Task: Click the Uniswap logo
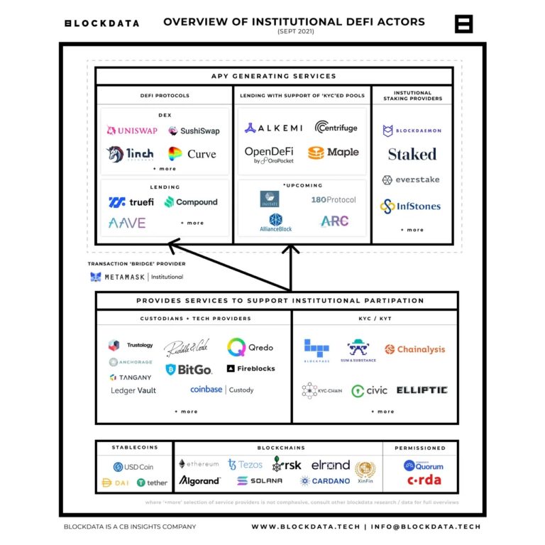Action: point(132,131)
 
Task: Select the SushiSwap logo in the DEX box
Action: point(194,131)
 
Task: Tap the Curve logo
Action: point(192,154)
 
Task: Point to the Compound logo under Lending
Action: point(191,202)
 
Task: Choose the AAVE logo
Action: point(127,223)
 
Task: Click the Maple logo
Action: point(334,152)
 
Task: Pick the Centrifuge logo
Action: point(336,128)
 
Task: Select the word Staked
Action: point(412,154)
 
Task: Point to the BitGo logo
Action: point(188,369)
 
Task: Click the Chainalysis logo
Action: point(415,349)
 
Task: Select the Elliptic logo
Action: point(422,390)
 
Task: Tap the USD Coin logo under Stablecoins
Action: point(133,467)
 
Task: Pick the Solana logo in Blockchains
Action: point(260,481)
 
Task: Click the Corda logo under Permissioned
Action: point(424,480)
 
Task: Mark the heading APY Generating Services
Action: point(274,76)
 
